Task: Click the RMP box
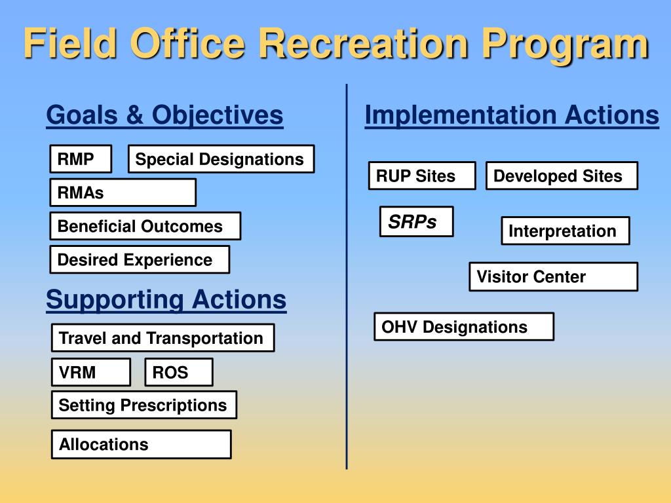point(81,158)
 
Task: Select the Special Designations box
point(221,158)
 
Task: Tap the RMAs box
point(123,193)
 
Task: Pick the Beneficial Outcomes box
point(145,226)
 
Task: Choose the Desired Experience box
point(140,259)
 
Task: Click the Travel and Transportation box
point(163,338)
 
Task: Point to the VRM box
point(90,372)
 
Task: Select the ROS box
point(178,372)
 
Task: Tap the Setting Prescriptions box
point(144,405)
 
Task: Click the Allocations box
point(142,445)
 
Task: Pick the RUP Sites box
point(422,176)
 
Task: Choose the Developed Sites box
point(562,176)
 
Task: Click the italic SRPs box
point(416,221)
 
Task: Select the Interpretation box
point(566,231)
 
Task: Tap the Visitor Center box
point(553,277)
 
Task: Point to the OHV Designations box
point(464,327)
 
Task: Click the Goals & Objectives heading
point(164,115)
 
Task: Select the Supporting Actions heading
point(166,299)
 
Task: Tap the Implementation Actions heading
point(512,115)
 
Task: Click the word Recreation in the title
point(364,43)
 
